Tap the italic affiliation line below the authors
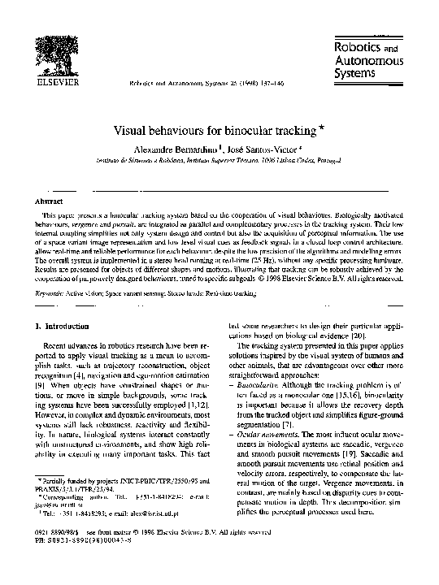point(220,162)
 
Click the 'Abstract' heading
point(46,199)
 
